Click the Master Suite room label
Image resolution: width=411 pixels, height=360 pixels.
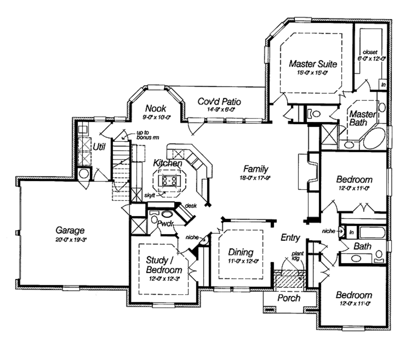coord(313,64)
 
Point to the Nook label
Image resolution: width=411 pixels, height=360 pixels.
coord(156,108)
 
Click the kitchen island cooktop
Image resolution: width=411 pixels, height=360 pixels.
coord(169,180)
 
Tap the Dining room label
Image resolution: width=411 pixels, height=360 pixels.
coord(241,252)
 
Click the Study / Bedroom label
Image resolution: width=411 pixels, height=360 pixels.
coord(163,265)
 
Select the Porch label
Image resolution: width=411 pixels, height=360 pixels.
coord(289,298)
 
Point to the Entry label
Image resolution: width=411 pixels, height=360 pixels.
coord(290,238)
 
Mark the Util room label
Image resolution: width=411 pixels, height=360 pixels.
coord(99,147)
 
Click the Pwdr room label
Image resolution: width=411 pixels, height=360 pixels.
coord(165,223)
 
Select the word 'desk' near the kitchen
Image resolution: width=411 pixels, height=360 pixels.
coord(191,206)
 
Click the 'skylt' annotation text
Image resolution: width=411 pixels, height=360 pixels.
coord(150,195)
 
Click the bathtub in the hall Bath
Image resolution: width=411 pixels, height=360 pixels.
coord(372,232)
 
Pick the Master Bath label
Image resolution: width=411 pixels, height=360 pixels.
coord(362,118)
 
